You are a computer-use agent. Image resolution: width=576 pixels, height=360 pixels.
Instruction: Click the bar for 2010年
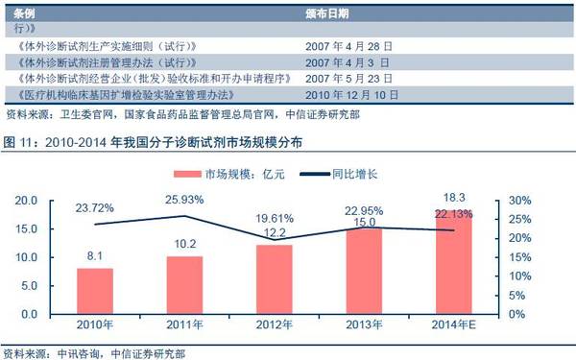point(95,291)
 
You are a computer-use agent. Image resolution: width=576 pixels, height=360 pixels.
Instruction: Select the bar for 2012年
point(275,279)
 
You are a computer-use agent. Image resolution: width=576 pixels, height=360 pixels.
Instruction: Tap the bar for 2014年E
point(454,262)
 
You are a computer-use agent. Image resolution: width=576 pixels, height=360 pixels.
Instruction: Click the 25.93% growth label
point(184,200)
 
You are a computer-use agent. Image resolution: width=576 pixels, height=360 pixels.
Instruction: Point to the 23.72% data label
point(95,208)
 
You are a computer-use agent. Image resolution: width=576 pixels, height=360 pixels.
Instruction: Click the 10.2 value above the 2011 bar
point(184,244)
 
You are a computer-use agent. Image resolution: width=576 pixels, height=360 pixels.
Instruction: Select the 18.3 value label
point(454,198)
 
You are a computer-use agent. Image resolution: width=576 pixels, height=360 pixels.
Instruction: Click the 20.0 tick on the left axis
point(26,201)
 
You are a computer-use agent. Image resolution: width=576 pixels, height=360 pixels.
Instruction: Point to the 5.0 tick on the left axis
point(29,286)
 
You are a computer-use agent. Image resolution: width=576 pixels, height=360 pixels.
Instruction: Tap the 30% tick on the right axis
point(519,201)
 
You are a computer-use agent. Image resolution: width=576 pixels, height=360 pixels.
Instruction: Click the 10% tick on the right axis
point(519,276)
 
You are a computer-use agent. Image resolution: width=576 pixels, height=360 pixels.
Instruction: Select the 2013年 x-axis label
point(364,324)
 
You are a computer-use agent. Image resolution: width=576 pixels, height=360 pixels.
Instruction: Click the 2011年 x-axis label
point(184,324)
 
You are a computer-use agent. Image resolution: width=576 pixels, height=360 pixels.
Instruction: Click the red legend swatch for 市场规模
point(187,174)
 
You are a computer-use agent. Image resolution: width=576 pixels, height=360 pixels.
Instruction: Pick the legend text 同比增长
point(354,174)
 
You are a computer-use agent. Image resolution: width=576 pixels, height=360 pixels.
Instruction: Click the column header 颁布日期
point(327,14)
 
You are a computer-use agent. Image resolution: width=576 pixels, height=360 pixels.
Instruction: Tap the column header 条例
point(24,14)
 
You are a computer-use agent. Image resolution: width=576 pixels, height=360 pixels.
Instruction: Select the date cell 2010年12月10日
point(352,95)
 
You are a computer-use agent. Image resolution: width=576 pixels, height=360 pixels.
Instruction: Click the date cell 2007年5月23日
point(349,79)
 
